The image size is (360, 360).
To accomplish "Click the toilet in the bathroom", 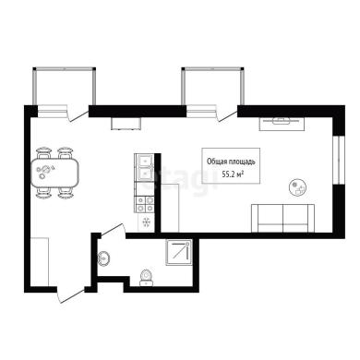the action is click(x=146, y=278).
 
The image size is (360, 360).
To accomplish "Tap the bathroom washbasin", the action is click(x=104, y=258).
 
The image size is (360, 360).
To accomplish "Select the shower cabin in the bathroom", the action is click(x=179, y=252).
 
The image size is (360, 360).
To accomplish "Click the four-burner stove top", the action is click(x=145, y=204).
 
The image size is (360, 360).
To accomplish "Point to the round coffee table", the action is click(x=297, y=187).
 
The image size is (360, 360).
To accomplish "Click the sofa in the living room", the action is click(x=282, y=218).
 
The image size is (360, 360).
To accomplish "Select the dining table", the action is click(x=54, y=173).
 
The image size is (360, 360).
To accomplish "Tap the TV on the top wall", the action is click(x=282, y=122).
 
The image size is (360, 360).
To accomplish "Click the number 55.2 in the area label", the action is click(x=227, y=174).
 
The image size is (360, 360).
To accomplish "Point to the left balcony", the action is click(x=65, y=86).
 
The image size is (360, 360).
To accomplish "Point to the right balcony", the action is click(x=213, y=86).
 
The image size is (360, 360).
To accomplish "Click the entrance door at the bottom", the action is click(x=70, y=295).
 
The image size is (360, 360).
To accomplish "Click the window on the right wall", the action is click(x=339, y=160).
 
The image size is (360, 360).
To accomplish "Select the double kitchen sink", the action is click(x=144, y=168).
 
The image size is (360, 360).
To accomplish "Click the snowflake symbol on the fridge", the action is click(x=146, y=222).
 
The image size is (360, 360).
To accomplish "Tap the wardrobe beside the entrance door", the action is click(x=40, y=261).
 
